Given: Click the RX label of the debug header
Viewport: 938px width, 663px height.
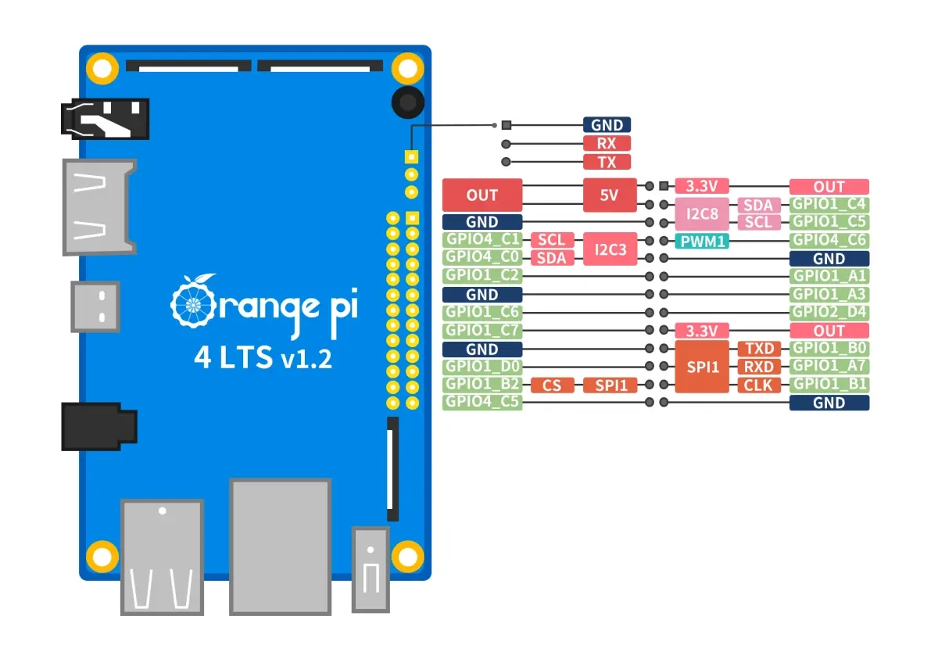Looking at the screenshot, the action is point(607,143).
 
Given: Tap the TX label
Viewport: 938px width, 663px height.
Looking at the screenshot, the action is point(607,162).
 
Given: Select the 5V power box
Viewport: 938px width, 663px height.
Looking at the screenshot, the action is point(610,195).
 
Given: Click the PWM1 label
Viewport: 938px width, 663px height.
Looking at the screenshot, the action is point(702,242).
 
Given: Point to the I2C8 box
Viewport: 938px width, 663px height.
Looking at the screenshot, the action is point(702,213).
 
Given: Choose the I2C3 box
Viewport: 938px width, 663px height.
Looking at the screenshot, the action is point(610,249).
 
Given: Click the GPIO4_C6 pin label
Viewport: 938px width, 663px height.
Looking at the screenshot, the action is point(829,240).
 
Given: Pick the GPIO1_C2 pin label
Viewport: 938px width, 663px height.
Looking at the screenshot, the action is point(482,275).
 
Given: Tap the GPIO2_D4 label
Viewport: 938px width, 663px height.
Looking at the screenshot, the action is point(829,313).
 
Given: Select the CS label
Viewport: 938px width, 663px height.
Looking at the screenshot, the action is point(552,385).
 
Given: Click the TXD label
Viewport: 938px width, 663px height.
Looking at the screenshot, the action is point(759,349).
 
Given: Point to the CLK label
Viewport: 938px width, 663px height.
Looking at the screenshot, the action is point(759,385).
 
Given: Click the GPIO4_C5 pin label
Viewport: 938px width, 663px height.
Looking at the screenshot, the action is point(482,402).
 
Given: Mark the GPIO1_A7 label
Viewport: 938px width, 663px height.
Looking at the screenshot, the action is point(829,367).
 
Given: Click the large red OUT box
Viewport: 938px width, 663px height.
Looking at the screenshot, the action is point(482,195).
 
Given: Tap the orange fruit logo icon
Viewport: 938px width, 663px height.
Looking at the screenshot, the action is point(194,301).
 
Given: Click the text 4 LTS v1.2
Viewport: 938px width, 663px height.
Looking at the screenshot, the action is point(263,358).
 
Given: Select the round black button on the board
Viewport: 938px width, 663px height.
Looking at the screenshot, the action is point(408,102).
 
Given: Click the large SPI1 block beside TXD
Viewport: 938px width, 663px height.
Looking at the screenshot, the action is point(702,367).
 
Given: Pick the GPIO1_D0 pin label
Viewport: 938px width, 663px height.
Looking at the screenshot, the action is point(482,367).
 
